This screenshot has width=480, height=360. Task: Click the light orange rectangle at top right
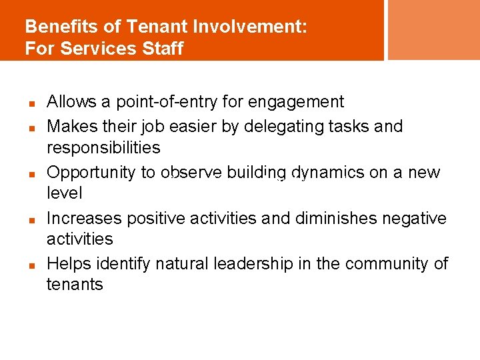click(x=433, y=29)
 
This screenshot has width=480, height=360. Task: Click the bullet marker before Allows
click(x=31, y=104)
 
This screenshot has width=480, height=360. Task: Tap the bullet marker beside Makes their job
click(x=31, y=127)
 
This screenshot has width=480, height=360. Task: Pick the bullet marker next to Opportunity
click(x=31, y=173)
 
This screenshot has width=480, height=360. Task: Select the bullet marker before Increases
click(x=31, y=219)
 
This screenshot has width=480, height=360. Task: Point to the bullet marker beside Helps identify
click(x=31, y=265)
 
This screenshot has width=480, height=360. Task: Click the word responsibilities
click(x=103, y=147)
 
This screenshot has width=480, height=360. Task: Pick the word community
click(x=387, y=264)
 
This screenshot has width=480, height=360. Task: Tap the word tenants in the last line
click(x=75, y=285)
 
